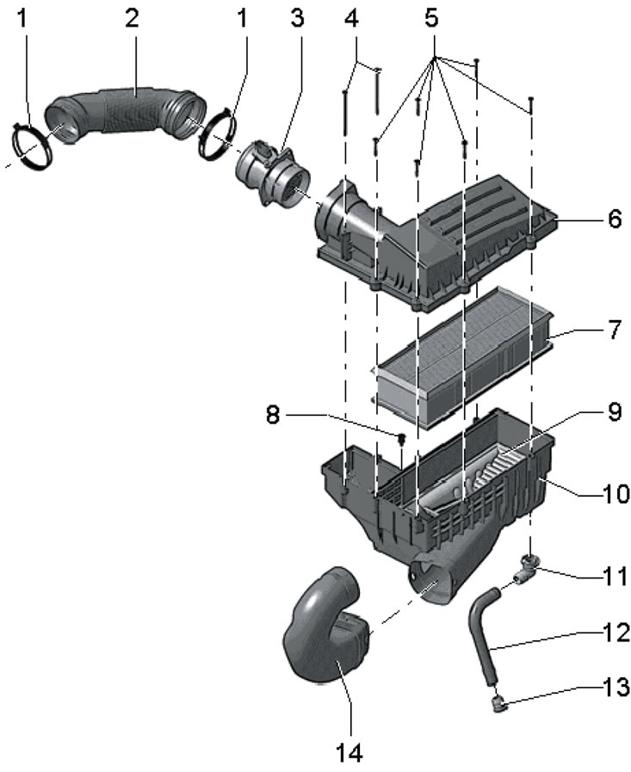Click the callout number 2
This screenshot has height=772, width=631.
(131, 20)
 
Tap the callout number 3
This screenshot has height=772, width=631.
(296, 20)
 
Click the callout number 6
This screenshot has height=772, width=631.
(614, 219)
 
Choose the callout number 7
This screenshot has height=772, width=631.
(614, 330)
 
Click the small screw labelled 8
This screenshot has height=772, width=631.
(401, 440)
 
